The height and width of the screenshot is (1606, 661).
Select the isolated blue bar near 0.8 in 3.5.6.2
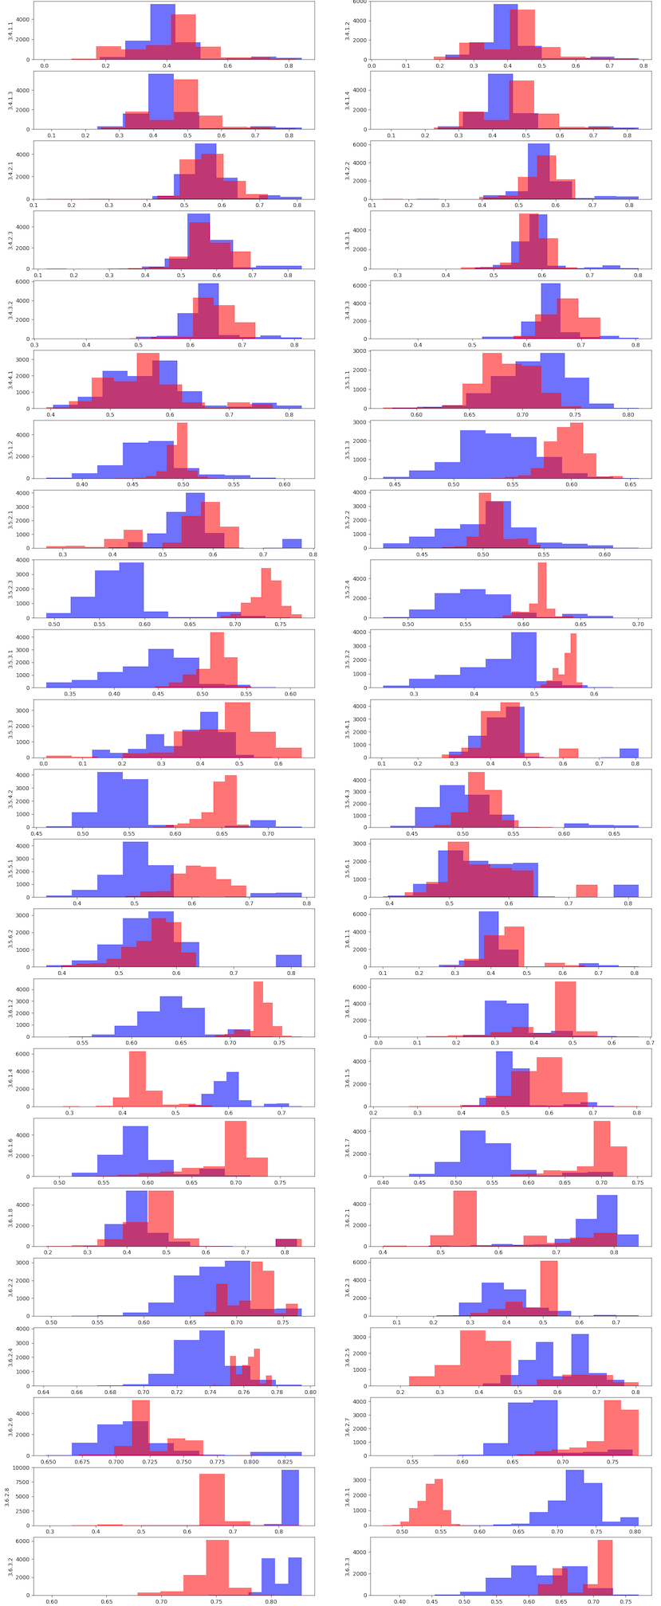pyautogui.click(x=289, y=961)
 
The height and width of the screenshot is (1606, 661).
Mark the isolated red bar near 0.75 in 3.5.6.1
pyautogui.click(x=587, y=891)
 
